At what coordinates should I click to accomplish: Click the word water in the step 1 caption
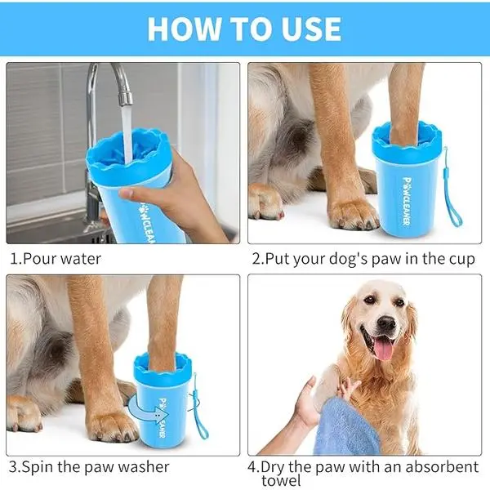pyautogui.click(x=81, y=259)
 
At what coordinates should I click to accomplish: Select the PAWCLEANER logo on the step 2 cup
pyautogui.click(x=407, y=202)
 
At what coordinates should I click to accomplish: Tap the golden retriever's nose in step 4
pyautogui.click(x=386, y=323)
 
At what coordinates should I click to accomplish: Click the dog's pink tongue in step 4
pyautogui.click(x=384, y=350)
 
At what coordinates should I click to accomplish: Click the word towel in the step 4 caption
pyautogui.click(x=281, y=481)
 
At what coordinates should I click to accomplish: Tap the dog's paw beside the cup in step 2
pyautogui.click(x=354, y=214)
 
